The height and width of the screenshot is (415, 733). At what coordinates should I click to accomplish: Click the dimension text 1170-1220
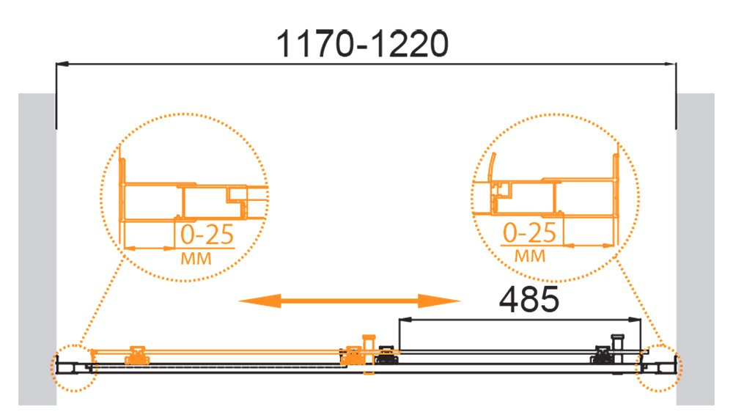(x=363, y=44)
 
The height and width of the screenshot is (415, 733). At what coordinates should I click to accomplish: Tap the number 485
(x=529, y=299)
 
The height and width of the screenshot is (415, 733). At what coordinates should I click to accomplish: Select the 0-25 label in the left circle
(x=207, y=235)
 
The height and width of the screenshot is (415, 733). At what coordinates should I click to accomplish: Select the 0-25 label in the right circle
(x=530, y=232)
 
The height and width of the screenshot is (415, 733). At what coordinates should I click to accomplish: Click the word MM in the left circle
(x=196, y=258)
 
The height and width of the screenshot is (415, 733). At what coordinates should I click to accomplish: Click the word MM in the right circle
(x=530, y=256)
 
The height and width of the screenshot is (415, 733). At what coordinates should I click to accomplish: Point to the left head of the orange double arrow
(x=260, y=301)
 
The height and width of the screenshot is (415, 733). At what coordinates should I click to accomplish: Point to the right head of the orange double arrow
(x=439, y=301)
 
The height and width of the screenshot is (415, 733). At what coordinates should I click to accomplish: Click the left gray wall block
(x=37, y=249)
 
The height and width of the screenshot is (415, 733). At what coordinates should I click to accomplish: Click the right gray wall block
(x=695, y=249)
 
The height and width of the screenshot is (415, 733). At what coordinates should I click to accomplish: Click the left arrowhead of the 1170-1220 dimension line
(x=62, y=63)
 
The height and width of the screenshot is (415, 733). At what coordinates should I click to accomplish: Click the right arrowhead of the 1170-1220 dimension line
(x=670, y=63)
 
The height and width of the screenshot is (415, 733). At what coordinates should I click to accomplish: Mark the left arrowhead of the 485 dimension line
(x=405, y=320)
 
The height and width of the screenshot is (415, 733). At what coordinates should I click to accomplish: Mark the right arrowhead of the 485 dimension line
(x=635, y=320)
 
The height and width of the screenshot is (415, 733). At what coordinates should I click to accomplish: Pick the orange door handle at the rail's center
(x=369, y=354)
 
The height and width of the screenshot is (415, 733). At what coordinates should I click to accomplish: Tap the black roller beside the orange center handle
(x=386, y=355)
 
